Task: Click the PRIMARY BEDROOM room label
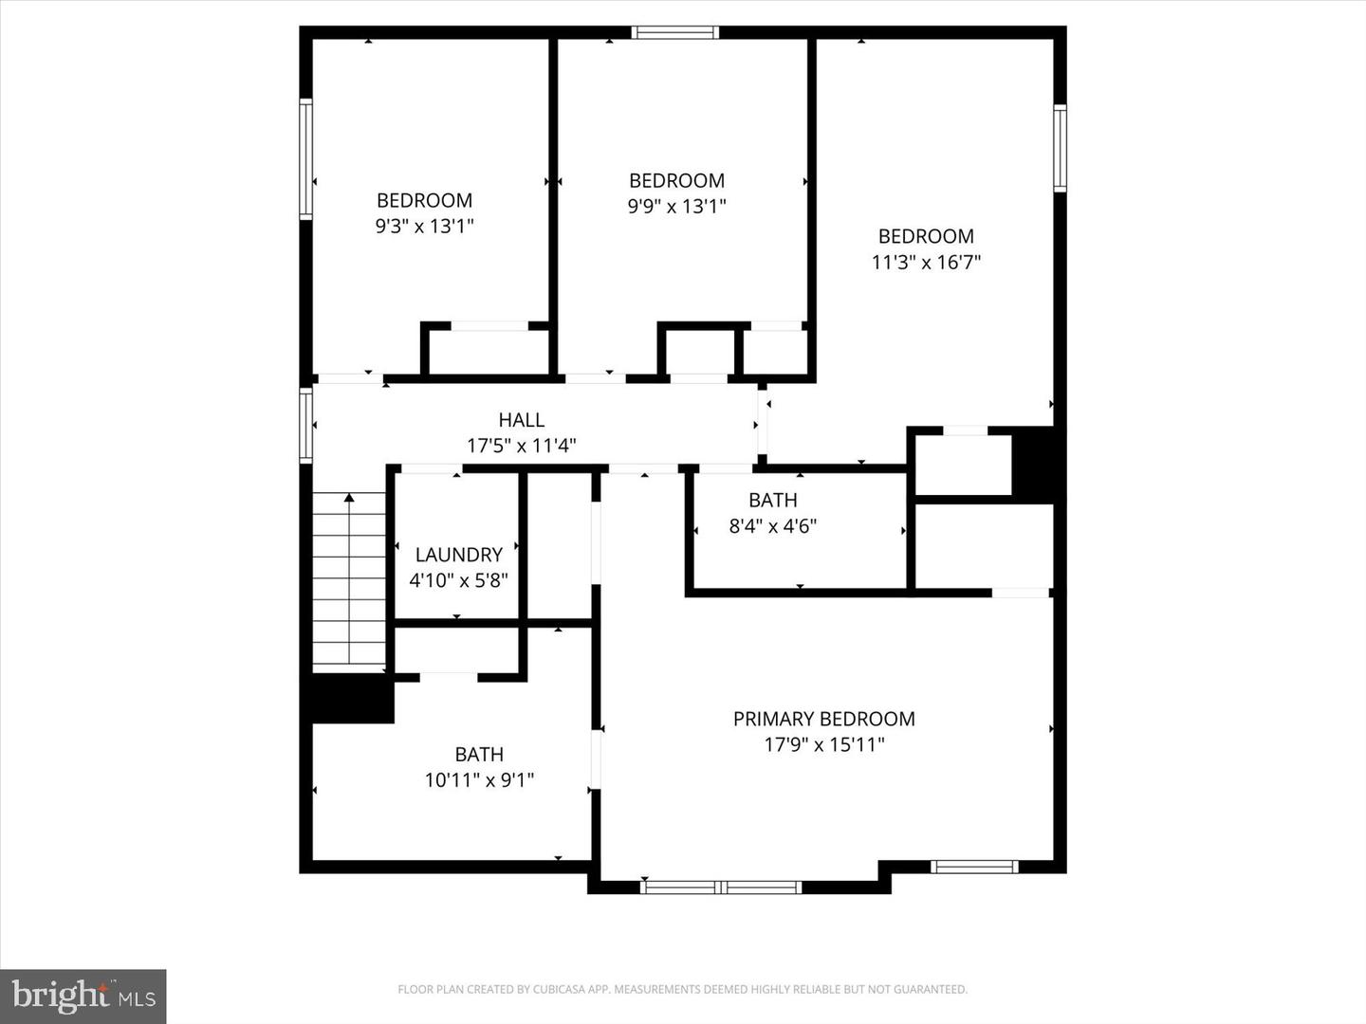click(823, 719)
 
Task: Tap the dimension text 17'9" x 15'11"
click(823, 745)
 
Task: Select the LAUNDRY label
click(458, 555)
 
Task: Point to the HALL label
click(521, 420)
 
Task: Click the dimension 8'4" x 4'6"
click(772, 526)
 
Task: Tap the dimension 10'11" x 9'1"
click(479, 780)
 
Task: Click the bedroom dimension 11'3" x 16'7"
click(926, 263)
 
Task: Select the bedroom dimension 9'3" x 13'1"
click(424, 226)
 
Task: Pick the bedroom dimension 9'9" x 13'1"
click(676, 206)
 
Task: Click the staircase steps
click(349, 583)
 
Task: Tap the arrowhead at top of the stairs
click(349, 497)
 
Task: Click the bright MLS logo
click(83, 996)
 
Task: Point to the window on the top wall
click(675, 33)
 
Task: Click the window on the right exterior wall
click(1060, 149)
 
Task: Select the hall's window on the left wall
click(305, 426)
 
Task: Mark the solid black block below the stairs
click(347, 699)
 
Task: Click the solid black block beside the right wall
click(1033, 465)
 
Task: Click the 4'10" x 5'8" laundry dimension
click(458, 580)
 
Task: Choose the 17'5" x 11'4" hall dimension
click(521, 446)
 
